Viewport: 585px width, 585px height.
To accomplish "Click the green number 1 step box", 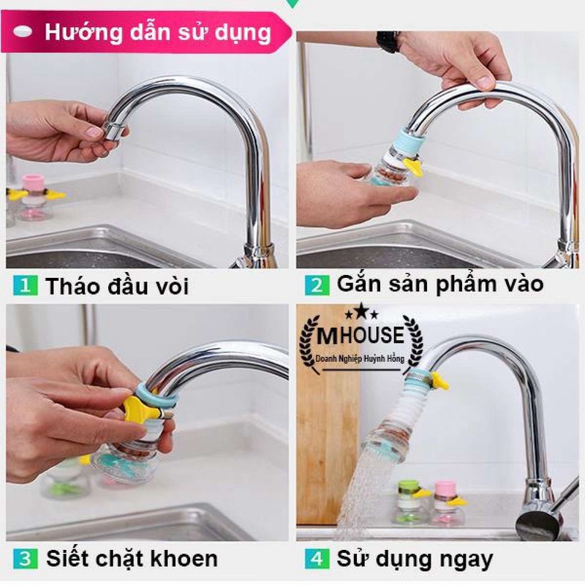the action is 26,285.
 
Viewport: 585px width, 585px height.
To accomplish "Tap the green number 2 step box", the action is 317,285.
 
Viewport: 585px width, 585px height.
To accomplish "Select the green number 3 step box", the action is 26,559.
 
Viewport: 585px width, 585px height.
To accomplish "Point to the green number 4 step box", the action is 317,559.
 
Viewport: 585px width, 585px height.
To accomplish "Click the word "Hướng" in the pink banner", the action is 83,33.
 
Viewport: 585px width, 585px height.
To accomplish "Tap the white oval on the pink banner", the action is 23,31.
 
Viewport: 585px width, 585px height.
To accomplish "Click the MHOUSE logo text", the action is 361,335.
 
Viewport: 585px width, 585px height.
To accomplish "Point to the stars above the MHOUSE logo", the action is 361,312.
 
